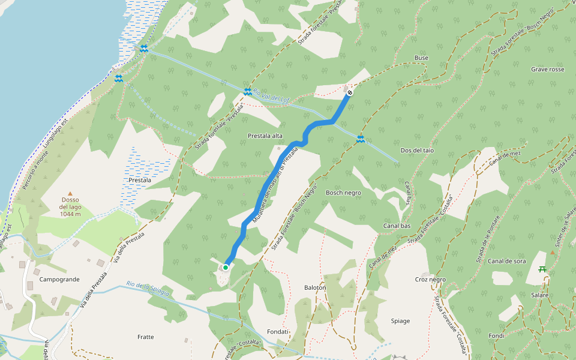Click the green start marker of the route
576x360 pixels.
[226, 268]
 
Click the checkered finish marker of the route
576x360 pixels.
[349, 92]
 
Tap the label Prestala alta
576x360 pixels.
[265, 136]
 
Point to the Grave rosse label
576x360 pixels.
[547, 70]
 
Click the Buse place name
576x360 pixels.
[421, 58]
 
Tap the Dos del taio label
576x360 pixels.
[416, 151]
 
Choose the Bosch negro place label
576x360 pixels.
[343, 193]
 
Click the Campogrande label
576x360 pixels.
[59, 280]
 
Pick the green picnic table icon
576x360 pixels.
[542, 269]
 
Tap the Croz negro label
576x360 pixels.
[430, 280]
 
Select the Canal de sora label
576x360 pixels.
[506, 261]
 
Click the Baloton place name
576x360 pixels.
[315, 287]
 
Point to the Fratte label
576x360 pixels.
[145, 337]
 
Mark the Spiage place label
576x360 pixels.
[400, 321]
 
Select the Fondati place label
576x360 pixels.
[278, 332]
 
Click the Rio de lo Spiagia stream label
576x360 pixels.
[148, 287]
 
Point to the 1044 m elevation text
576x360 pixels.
[70, 214]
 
